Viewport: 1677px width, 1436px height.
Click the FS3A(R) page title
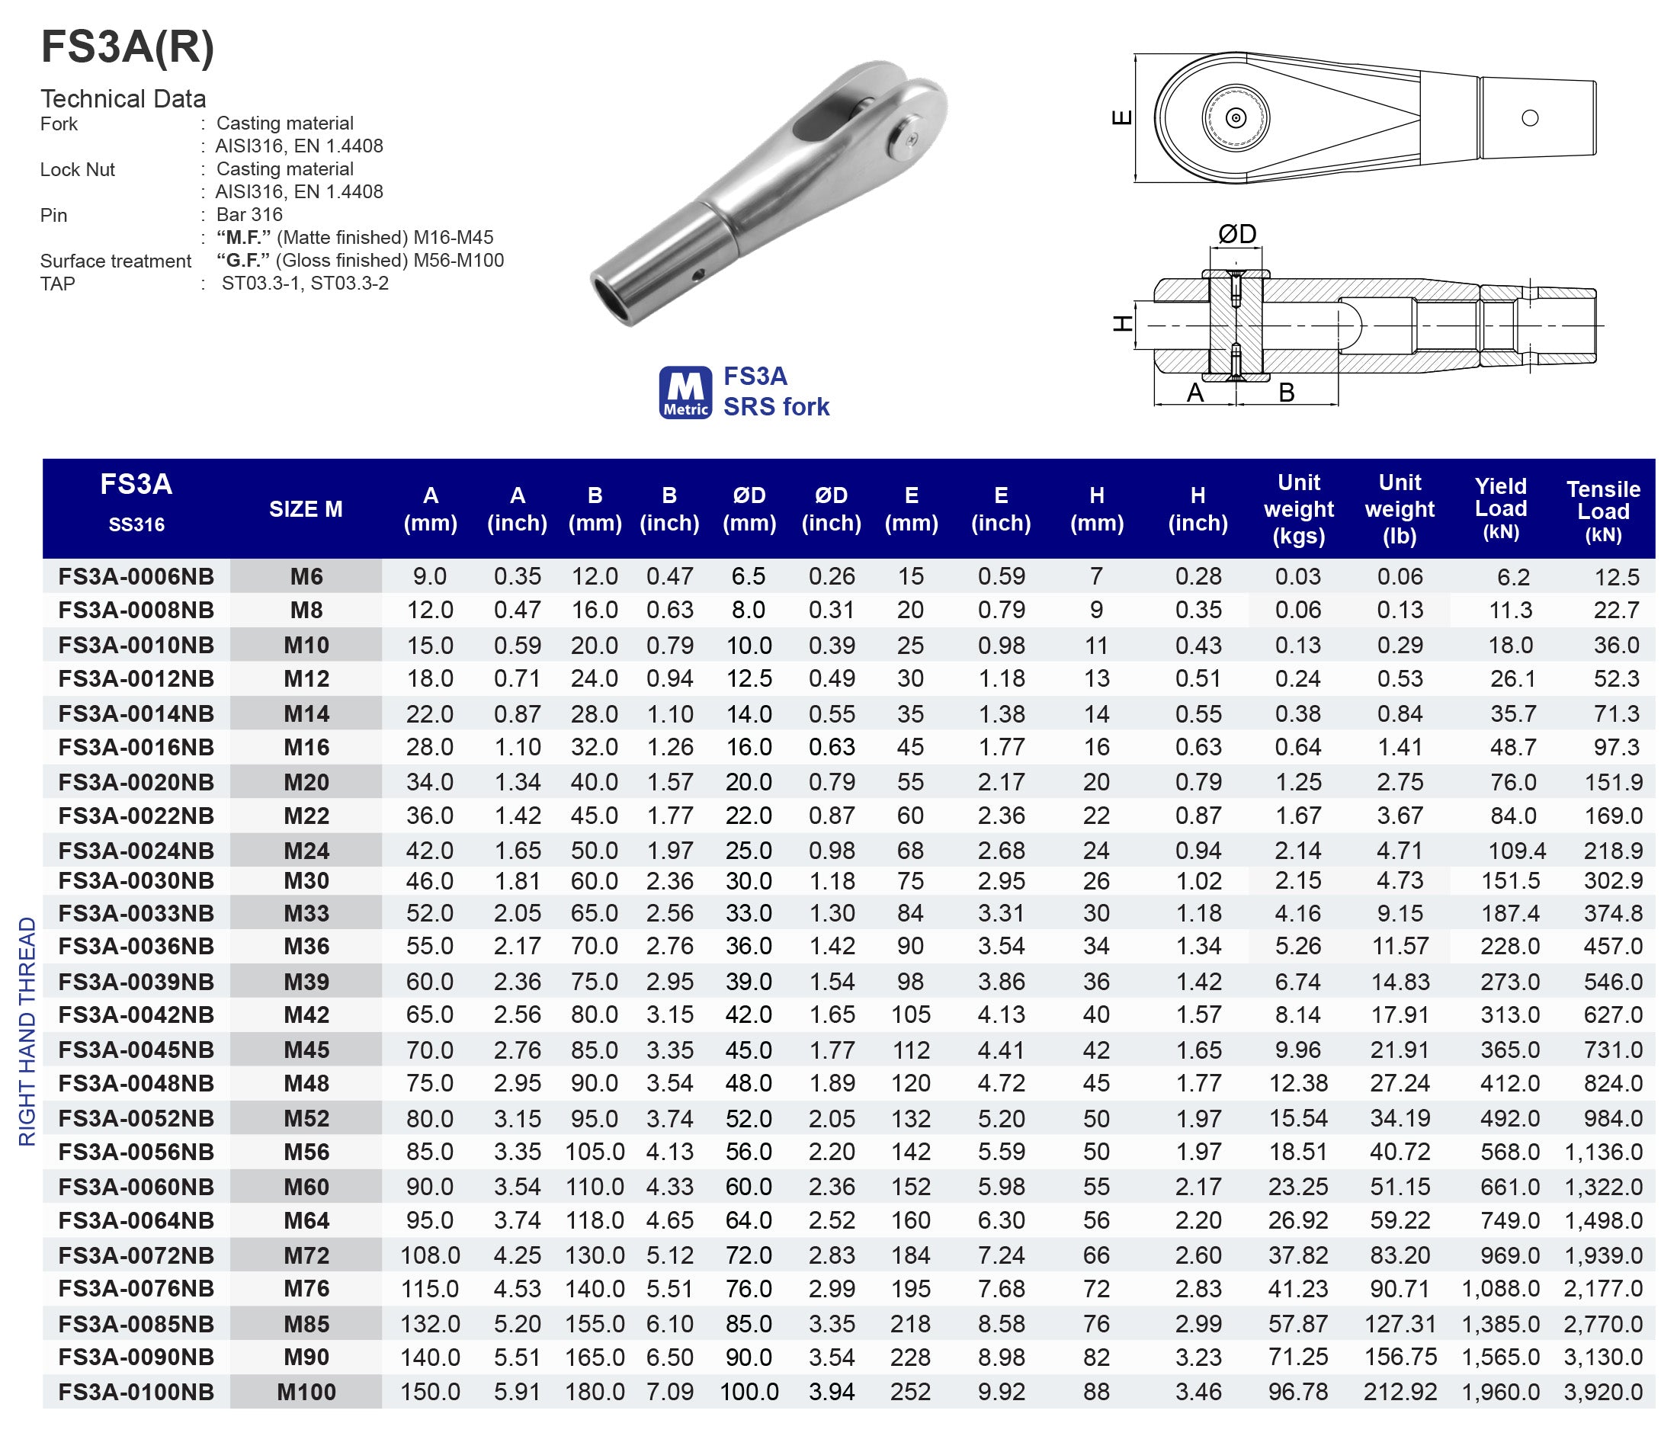[128, 47]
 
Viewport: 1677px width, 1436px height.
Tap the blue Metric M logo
[685, 393]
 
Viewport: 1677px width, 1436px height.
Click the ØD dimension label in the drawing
[1236, 235]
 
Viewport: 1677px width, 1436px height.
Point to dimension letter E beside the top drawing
[1123, 118]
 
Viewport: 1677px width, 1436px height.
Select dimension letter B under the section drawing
[1286, 393]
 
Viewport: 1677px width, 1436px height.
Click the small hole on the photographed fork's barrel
[698, 275]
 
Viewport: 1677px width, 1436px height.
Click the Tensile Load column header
[1602, 510]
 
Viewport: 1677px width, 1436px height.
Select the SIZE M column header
[305, 509]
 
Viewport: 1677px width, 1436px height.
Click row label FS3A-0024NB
[136, 851]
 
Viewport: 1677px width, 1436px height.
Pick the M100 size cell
[306, 1392]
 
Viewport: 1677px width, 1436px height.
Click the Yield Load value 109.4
[1516, 851]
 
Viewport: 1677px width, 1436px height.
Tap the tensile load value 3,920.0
[1602, 1392]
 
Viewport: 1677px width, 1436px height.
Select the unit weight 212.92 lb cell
[1400, 1392]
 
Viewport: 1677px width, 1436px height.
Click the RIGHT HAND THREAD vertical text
[27, 1031]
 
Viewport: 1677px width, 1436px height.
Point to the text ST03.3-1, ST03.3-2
[305, 284]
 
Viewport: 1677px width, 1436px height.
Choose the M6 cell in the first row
[306, 576]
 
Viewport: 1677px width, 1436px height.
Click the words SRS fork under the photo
[776, 406]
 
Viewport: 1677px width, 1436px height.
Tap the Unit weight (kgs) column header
[1298, 509]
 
